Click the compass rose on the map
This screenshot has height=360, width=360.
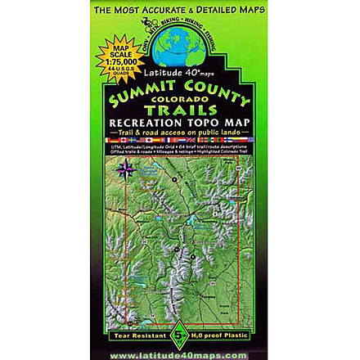pyautogui.click(x=127, y=170)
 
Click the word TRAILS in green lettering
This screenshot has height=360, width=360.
pyautogui.click(x=179, y=109)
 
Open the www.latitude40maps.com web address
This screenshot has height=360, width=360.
pyautogui.click(x=179, y=353)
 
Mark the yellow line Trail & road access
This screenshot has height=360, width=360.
pyautogui.click(x=179, y=133)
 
